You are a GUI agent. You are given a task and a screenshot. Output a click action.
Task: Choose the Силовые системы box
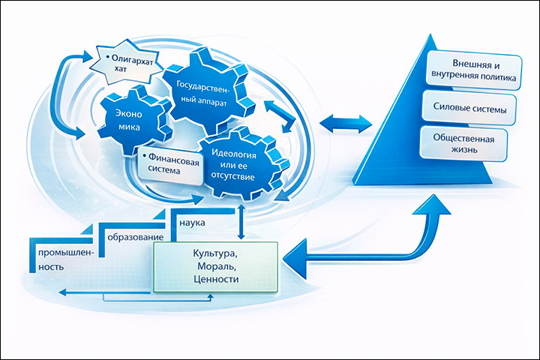(470, 109)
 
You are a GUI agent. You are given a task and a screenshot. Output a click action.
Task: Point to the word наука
(193, 223)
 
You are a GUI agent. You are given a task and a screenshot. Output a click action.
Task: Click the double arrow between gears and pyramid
(346, 121)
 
